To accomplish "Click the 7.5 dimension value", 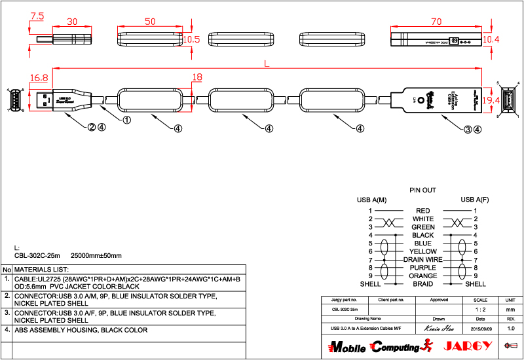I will [37, 15].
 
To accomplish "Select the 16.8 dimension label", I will [39, 78].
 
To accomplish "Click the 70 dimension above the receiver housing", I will [438, 21].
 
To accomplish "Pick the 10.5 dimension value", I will [191, 39].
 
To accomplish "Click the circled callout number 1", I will [127, 120].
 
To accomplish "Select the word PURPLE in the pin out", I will [422, 268].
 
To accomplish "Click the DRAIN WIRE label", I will [422, 260].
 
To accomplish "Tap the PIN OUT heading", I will [422, 190].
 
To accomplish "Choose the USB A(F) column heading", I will [475, 200].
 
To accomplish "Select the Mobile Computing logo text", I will [373, 346].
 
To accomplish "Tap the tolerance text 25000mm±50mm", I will [96, 255].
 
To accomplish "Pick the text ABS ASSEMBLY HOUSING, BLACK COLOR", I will [81, 330].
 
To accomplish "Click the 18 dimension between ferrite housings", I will [196, 78].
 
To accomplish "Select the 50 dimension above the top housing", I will [150, 22].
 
